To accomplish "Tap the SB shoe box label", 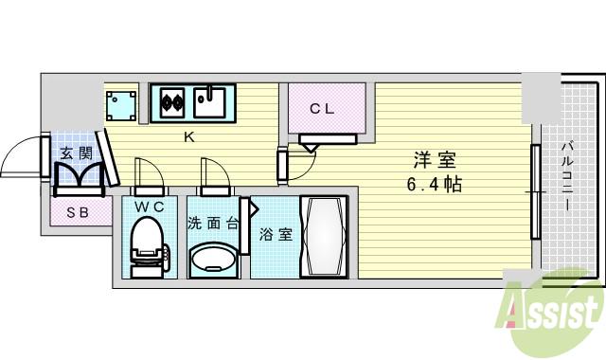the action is point(75,212).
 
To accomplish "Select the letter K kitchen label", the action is point(188,136).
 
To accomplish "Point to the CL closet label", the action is point(322,109).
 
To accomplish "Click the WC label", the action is point(149,205).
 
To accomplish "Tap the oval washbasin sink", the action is point(214,259).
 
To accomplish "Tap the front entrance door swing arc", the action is point(22,156).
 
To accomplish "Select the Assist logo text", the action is point(554,309).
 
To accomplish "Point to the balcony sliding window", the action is point(535,192).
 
